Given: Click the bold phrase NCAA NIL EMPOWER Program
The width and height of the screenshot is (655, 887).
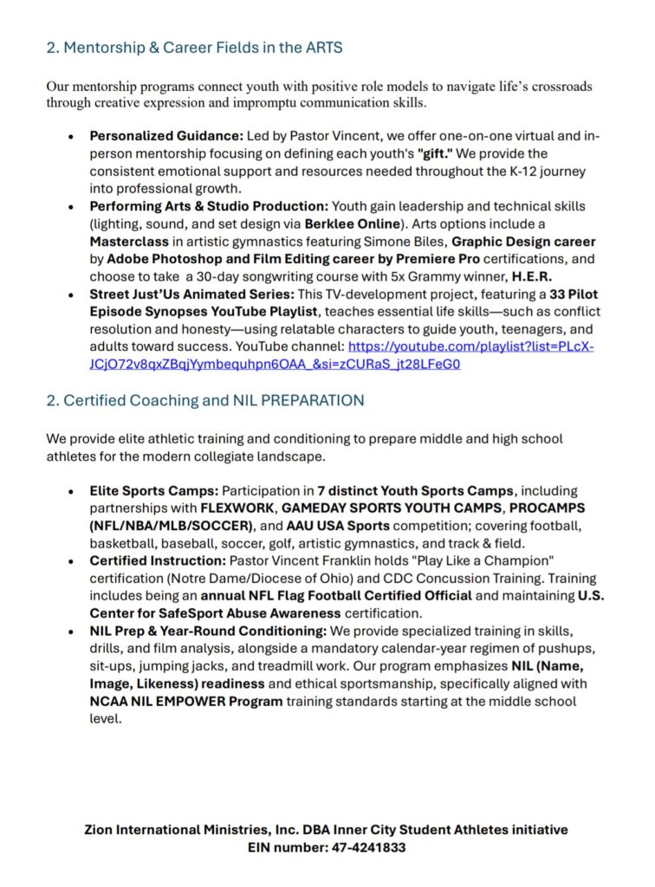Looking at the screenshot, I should coord(186,701).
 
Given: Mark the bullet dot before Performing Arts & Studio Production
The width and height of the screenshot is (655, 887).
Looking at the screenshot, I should coord(71,206).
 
